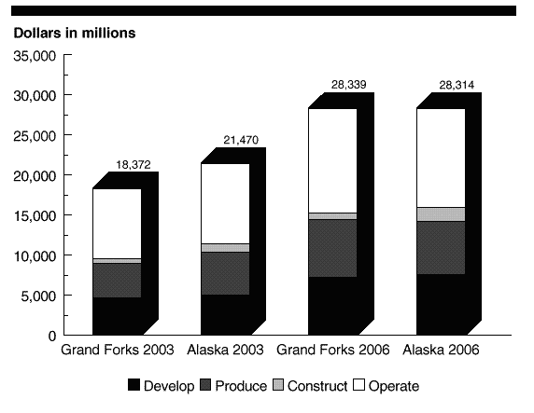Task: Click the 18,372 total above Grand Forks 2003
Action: [x=133, y=165]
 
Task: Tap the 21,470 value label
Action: [x=241, y=140]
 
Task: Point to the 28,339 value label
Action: [x=349, y=84]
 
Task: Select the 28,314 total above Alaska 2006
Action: [x=457, y=85]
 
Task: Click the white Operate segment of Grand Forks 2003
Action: [x=117, y=224]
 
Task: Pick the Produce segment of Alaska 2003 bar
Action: [x=225, y=273]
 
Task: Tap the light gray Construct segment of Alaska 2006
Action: [x=441, y=214]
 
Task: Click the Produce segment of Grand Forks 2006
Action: [x=332, y=248]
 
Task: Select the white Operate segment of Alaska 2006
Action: [x=441, y=158]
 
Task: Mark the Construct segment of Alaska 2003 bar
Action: [x=225, y=248]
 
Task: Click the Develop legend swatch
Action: [x=133, y=385]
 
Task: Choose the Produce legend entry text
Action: [x=241, y=386]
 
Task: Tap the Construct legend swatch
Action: [x=278, y=385]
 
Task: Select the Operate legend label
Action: [x=394, y=387]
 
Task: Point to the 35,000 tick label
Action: [x=35, y=56]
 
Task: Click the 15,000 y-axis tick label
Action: [x=35, y=215]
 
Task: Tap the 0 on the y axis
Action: [x=52, y=337]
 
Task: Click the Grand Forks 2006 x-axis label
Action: [x=332, y=350]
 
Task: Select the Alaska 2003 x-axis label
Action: [x=225, y=350]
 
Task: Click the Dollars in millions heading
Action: [x=75, y=33]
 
